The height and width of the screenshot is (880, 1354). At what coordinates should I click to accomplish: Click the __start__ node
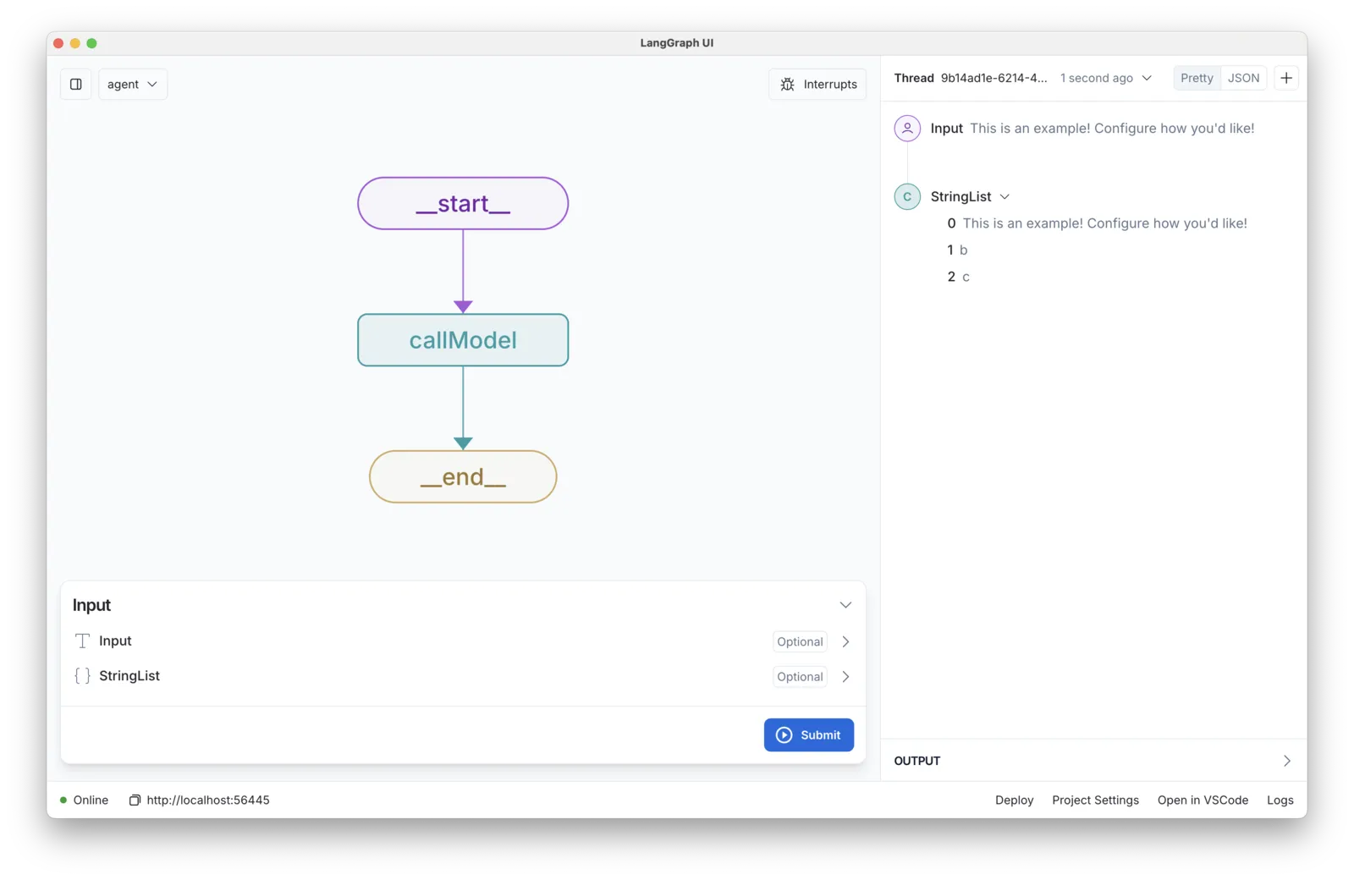(x=462, y=203)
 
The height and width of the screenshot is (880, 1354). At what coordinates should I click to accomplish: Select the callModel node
(x=462, y=339)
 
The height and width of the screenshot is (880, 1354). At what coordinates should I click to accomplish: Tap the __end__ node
(x=462, y=476)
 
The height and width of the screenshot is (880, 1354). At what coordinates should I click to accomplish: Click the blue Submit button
(x=808, y=734)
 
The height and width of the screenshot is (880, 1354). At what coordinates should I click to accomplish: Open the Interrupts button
(x=817, y=84)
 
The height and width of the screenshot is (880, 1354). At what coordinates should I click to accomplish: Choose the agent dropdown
(x=132, y=84)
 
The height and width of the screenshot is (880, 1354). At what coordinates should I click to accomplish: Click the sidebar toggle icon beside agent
(x=75, y=84)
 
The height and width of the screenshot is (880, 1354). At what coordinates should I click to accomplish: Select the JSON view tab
(x=1243, y=78)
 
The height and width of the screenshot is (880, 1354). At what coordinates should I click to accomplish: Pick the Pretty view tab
(x=1197, y=78)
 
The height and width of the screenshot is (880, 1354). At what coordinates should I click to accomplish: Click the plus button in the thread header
(x=1286, y=78)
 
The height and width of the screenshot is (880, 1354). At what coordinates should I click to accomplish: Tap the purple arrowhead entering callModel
(x=463, y=306)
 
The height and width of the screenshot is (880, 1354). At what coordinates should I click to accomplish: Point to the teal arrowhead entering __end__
(x=463, y=443)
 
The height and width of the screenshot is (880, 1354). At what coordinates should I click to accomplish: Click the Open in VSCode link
(x=1203, y=800)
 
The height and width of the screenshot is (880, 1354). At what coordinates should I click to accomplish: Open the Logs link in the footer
(x=1280, y=800)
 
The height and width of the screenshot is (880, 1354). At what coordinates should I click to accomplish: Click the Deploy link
(x=1014, y=800)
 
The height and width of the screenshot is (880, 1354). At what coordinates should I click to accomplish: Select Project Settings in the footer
(x=1095, y=800)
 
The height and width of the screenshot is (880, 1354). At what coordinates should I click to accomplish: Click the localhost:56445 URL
(x=208, y=800)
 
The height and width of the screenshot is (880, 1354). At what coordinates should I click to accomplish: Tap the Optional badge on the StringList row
(x=799, y=676)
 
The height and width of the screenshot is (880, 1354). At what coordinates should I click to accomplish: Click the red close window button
(x=58, y=43)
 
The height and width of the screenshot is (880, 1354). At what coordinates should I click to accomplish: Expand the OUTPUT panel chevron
(x=1287, y=761)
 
